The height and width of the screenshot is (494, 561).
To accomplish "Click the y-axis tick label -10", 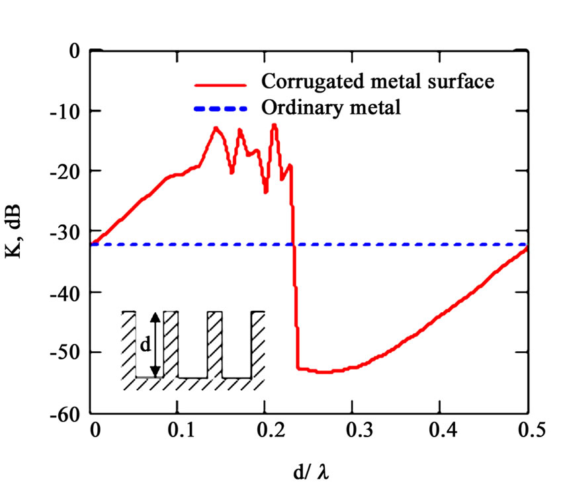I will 69,110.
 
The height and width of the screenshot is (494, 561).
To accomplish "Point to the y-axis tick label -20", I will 69,171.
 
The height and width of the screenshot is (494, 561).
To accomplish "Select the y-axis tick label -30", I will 69,231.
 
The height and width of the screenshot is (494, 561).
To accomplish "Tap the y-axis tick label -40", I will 69,292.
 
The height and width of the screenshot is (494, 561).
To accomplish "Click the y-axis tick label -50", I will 69,352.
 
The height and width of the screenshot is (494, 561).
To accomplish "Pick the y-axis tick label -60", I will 69,413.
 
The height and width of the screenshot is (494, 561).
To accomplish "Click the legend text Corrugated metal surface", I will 378,83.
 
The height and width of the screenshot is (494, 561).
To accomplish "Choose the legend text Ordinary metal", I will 331,107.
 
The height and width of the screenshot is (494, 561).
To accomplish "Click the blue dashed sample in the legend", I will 220,108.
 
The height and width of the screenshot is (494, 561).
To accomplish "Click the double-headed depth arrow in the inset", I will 154,344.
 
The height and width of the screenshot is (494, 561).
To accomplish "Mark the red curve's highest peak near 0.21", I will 274,125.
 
